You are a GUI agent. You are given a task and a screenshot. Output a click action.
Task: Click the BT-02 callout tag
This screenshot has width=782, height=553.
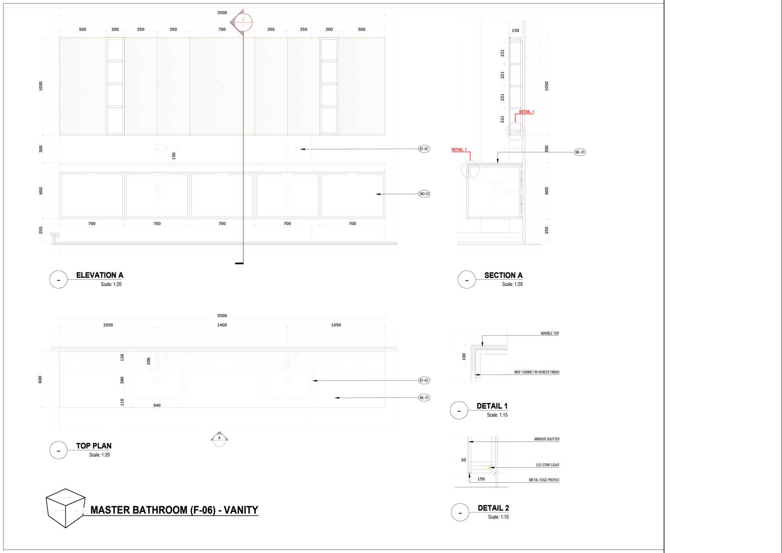[x=424, y=149]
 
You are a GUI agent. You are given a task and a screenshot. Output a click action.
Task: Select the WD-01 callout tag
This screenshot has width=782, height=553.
[x=424, y=194]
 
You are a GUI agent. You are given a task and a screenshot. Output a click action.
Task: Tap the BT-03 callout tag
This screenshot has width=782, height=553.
[x=424, y=381]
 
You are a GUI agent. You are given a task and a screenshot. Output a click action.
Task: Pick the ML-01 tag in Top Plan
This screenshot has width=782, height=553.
[x=424, y=397]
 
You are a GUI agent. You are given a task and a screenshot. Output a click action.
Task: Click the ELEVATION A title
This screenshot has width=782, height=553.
[x=100, y=275]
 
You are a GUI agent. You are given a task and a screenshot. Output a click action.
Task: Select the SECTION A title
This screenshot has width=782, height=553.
[x=503, y=275]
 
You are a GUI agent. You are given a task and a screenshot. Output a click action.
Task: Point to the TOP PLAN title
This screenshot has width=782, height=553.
[x=94, y=446]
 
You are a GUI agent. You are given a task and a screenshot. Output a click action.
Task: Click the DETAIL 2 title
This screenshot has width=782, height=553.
[x=493, y=508]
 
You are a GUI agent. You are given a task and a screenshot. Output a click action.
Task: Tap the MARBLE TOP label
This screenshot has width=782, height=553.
[x=550, y=334]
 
